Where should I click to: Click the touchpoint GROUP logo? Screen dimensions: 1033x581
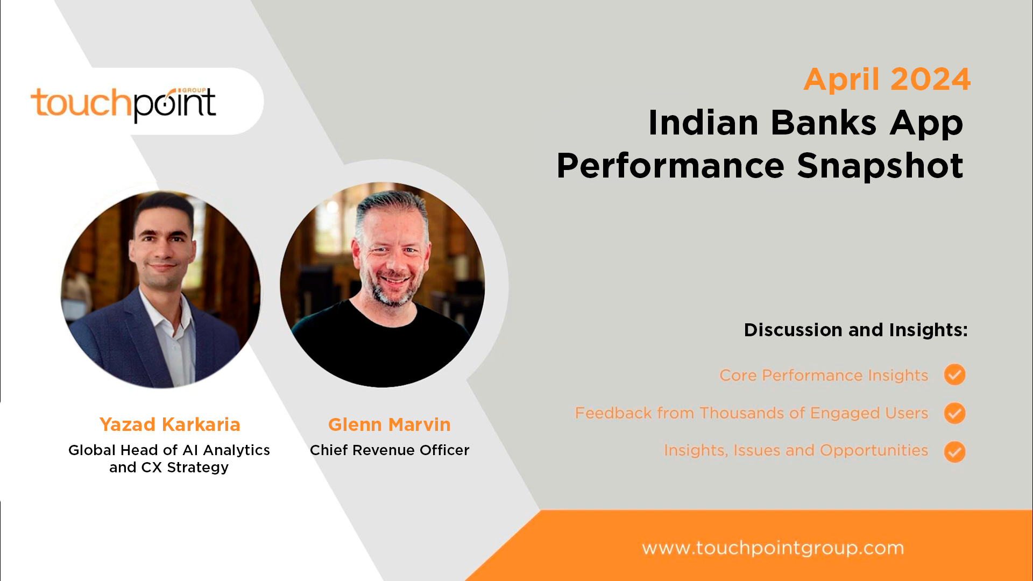[x=123, y=104]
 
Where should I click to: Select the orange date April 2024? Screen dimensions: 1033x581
[x=887, y=80]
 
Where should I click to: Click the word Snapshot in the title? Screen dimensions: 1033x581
[x=880, y=165]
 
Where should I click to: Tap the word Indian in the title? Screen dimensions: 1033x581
[x=703, y=123]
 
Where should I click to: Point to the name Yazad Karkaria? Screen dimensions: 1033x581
[x=169, y=424]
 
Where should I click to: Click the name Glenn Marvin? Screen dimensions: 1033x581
[x=390, y=424]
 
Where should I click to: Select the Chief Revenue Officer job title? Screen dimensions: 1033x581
[x=390, y=450]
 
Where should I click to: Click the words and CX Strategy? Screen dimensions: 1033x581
[x=169, y=467]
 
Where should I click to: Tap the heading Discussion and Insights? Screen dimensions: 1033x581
[x=855, y=330]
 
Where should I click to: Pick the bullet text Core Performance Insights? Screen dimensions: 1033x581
[x=824, y=375]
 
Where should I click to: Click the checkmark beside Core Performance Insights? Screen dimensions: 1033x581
[x=955, y=374]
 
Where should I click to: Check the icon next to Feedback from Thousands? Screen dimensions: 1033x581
[x=955, y=413]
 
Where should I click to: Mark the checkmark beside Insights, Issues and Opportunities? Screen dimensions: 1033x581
[x=955, y=452]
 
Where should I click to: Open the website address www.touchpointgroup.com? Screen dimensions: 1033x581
[x=773, y=548]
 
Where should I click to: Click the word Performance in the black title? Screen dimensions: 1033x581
[x=670, y=165]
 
